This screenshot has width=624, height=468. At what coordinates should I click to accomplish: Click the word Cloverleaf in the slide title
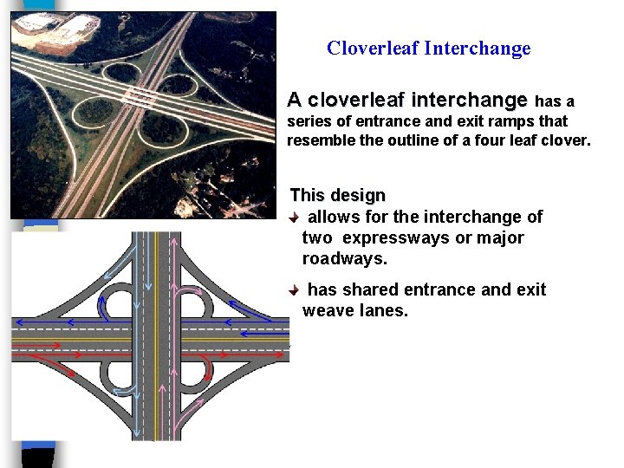373,49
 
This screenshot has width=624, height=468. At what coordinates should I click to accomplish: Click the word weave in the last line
327,310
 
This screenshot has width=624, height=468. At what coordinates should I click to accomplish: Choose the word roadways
343,258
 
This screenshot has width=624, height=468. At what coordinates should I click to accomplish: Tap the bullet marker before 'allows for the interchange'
296,217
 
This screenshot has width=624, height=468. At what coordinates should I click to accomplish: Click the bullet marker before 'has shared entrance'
296,289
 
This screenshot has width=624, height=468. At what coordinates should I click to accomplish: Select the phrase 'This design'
337,196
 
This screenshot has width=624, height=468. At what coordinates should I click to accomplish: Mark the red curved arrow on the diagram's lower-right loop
208,371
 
